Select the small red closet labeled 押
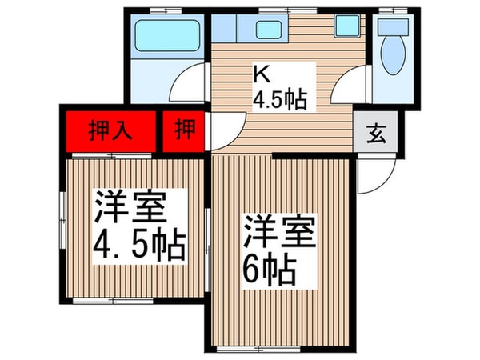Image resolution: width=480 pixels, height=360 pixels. (183, 129)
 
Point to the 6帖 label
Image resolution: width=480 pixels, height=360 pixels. (270, 271)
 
